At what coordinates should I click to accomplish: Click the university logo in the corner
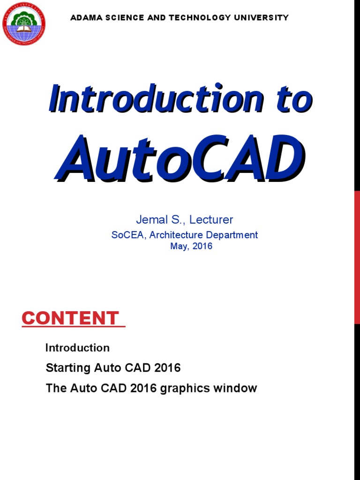(x=24, y=24)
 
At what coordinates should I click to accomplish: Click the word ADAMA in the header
(x=82, y=18)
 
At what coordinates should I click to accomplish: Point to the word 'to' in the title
(x=294, y=99)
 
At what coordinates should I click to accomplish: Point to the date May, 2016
(x=191, y=246)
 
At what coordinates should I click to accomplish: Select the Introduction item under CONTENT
(x=77, y=348)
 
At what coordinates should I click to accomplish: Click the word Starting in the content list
(x=68, y=368)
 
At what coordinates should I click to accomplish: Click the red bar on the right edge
(x=357, y=258)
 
